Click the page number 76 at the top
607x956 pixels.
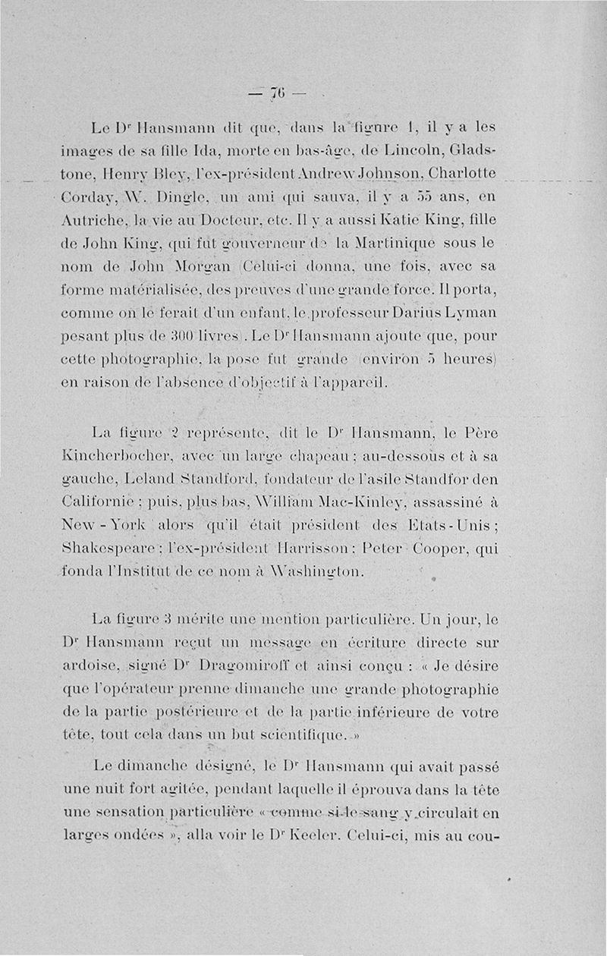275,93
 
